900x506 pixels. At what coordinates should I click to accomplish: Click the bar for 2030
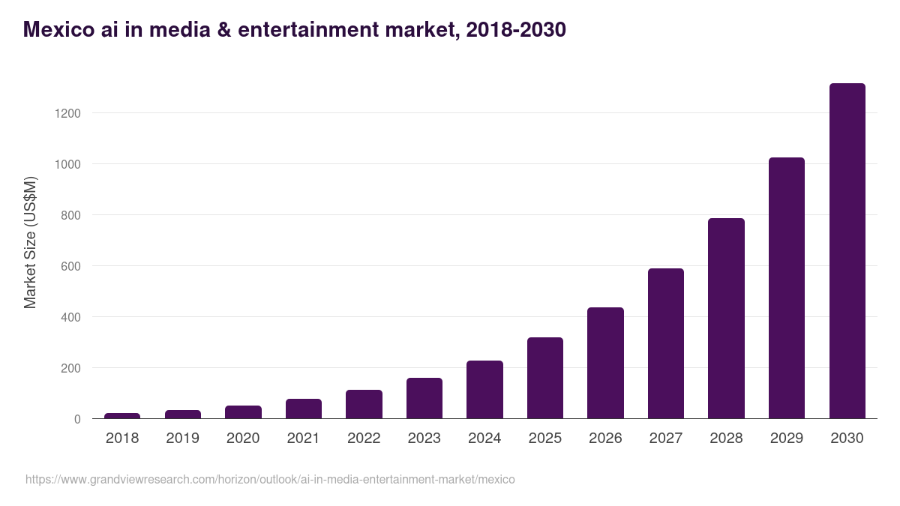(847, 251)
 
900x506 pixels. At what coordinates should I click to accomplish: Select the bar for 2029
(786, 288)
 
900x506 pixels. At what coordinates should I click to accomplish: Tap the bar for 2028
(726, 319)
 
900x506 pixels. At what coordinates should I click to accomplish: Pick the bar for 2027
(665, 343)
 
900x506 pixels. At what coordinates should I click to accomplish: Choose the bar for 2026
(605, 363)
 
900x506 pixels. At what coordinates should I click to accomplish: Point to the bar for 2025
(545, 378)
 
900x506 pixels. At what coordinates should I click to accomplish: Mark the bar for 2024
(484, 390)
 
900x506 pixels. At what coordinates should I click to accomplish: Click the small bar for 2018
(122, 415)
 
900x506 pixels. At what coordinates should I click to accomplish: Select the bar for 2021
(304, 409)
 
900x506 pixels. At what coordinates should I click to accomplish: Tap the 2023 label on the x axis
(424, 439)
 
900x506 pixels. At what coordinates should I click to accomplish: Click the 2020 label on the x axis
(243, 439)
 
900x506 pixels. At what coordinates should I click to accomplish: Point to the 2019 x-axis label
(183, 439)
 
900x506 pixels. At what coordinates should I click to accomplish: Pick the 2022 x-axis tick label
(364, 439)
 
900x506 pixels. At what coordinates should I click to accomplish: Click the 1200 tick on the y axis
(67, 113)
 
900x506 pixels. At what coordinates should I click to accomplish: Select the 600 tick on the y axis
(70, 266)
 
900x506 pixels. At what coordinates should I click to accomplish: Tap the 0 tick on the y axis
(77, 419)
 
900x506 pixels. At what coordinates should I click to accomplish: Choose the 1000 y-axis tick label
(67, 164)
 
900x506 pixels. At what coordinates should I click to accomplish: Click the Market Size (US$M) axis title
(30, 242)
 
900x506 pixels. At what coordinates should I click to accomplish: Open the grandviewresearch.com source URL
(270, 479)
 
